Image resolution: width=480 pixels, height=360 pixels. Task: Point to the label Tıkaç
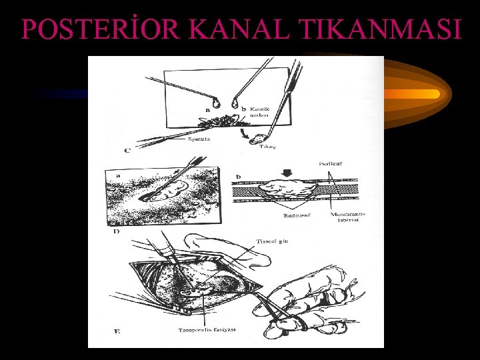pos(267,145)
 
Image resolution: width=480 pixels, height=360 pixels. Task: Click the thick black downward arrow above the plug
pos(287,175)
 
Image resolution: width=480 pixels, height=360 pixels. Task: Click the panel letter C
pos(127,151)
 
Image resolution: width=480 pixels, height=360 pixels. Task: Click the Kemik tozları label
pos(259,111)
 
